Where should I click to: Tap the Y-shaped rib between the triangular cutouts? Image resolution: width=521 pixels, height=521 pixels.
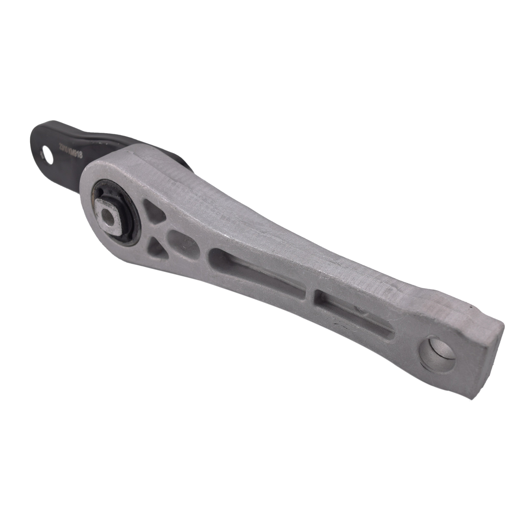tap(160, 229)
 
